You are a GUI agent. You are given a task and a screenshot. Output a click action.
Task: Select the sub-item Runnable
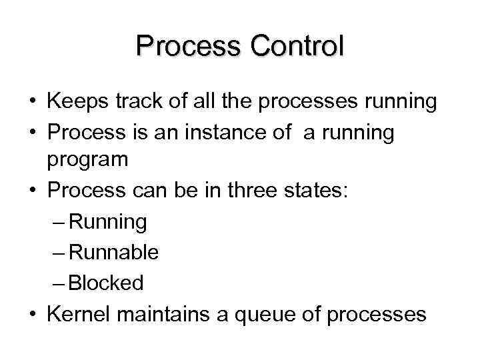point(113,253)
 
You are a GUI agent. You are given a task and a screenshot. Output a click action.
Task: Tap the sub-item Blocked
point(105,283)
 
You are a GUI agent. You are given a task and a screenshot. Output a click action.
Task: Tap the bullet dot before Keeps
point(32,103)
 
